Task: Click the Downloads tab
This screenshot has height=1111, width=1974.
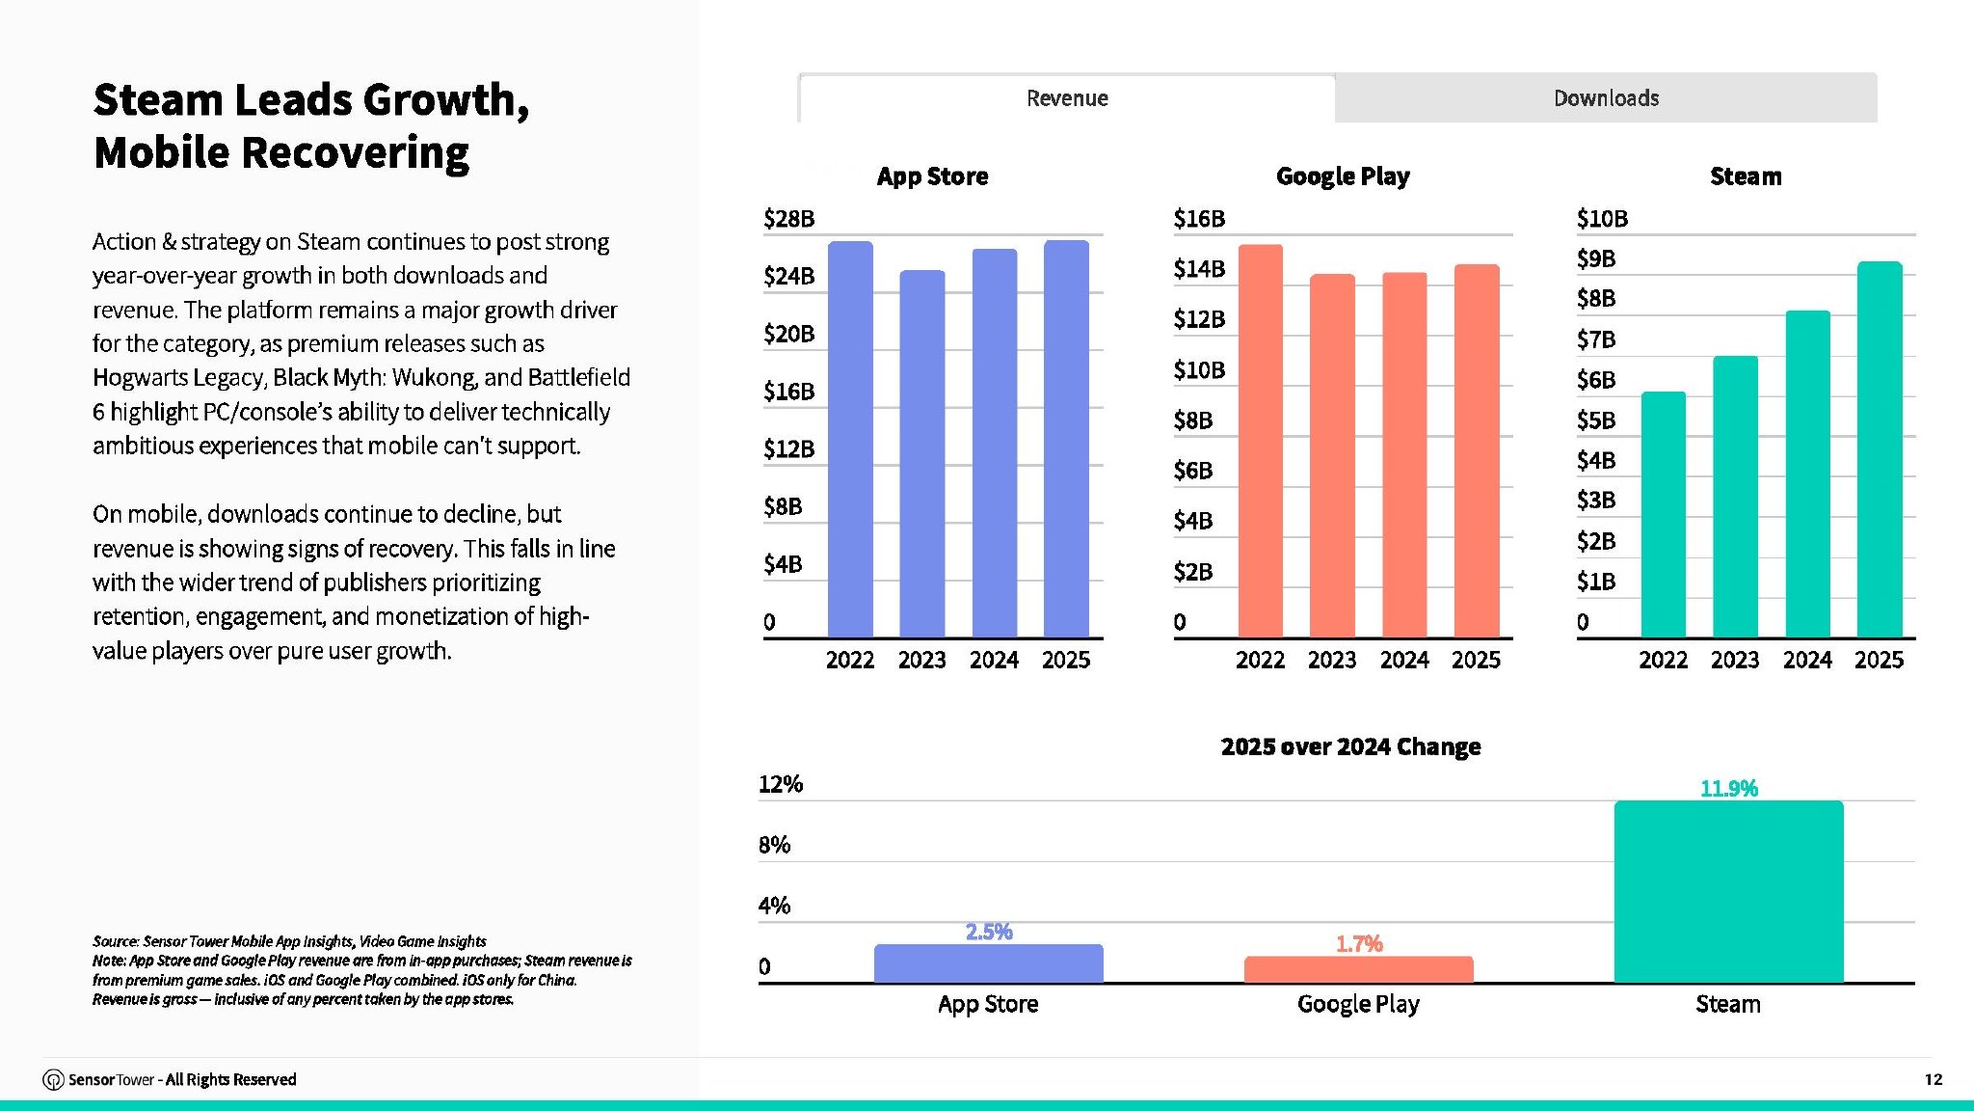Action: (x=1606, y=97)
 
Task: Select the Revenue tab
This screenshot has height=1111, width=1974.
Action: (x=1067, y=97)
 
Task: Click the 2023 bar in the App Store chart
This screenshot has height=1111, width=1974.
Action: (x=922, y=453)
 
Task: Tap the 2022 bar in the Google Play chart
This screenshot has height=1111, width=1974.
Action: (x=1261, y=441)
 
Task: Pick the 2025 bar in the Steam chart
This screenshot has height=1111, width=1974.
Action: (x=1880, y=449)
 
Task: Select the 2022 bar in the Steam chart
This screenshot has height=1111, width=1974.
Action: (x=1664, y=514)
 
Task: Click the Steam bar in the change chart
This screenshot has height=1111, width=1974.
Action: (x=1729, y=892)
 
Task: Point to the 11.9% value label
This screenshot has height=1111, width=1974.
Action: (x=1729, y=789)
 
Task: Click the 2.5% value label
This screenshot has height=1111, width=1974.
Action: (x=989, y=932)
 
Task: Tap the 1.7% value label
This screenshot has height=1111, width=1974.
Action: (x=1359, y=944)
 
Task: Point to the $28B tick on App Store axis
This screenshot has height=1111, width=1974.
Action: (x=788, y=219)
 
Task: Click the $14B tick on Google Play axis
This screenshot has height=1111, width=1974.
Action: (x=1199, y=269)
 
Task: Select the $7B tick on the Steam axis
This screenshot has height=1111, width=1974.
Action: (x=1596, y=339)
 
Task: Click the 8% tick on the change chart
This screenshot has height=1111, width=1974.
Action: (x=774, y=845)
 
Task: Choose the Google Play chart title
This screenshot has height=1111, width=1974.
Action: (x=1343, y=176)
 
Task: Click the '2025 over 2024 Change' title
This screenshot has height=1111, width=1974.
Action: (x=1350, y=746)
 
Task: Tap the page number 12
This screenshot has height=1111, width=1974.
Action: (x=1934, y=1079)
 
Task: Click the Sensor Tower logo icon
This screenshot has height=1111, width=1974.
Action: (x=53, y=1079)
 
